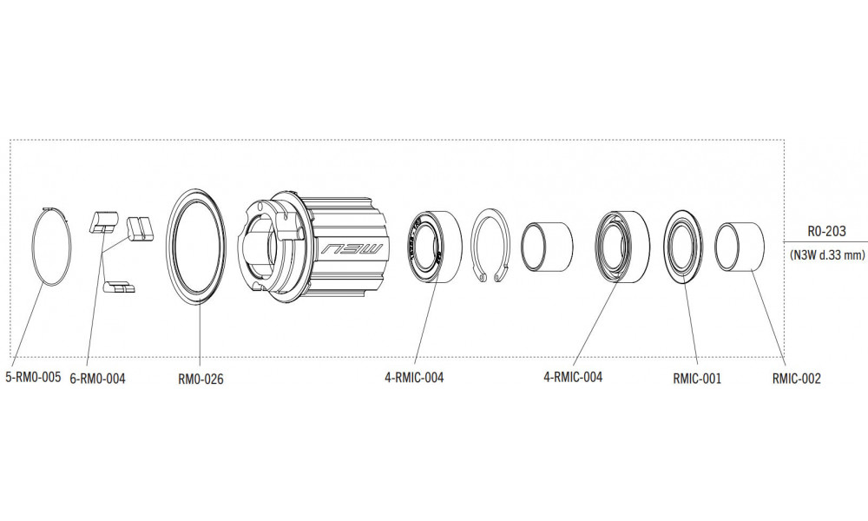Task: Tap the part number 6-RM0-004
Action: pyautogui.click(x=96, y=378)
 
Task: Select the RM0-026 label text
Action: pyautogui.click(x=201, y=379)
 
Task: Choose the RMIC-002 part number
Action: pyautogui.click(x=796, y=379)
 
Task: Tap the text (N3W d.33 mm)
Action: pyautogui.click(x=825, y=255)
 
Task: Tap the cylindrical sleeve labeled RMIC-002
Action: pyautogui.click(x=739, y=247)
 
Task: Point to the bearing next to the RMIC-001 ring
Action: pyautogui.click(x=621, y=246)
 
